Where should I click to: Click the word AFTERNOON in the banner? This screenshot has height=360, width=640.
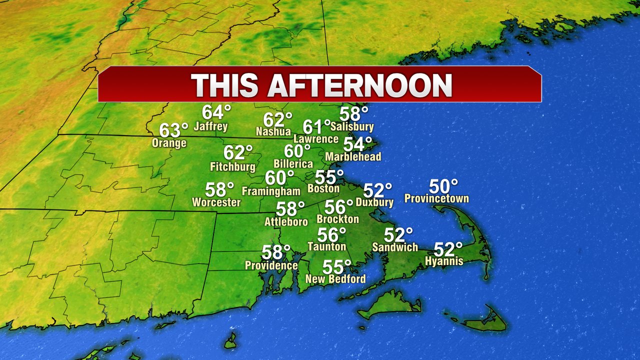click(359, 85)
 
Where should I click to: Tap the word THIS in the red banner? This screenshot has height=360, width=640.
click(225, 85)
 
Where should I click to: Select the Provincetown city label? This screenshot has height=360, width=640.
click(436, 198)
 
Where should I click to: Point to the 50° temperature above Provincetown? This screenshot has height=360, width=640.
click(443, 186)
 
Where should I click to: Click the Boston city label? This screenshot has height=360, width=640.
click(323, 189)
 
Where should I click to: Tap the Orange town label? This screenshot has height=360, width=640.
click(169, 143)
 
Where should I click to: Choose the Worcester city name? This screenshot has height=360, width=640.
click(216, 202)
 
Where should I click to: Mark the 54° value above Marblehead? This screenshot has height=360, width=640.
click(357, 144)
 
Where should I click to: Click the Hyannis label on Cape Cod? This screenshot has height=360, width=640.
click(444, 261)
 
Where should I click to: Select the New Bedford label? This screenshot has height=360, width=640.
click(335, 279)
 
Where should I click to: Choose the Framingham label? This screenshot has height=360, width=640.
click(271, 191)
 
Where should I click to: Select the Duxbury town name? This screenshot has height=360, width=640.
click(374, 202)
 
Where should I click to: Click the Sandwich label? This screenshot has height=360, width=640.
click(395, 247)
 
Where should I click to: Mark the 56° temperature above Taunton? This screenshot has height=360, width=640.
click(332, 234)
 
